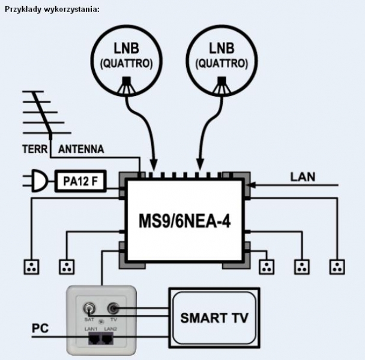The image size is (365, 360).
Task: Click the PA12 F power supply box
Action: click(x=80, y=181)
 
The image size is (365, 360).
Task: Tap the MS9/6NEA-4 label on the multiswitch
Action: click(x=184, y=221)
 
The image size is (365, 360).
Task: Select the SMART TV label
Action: click(x=214, y=318)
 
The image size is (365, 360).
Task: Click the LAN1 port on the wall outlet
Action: click(x=94, y=338)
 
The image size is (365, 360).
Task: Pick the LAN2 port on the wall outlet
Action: click(x=107, y=338)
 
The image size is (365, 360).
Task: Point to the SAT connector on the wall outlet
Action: click(x=89, y=309)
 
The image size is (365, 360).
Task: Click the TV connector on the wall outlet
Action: click(x=113, y=308)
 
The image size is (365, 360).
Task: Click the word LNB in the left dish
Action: click(x=126, y=49)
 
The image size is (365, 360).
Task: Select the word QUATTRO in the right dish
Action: click(x=222, y=64)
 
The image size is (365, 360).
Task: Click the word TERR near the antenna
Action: click(x=35, y=149)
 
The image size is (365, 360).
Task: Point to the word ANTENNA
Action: click(x=81, y=149)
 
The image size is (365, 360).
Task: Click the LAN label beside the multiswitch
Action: click(x=303, y=177)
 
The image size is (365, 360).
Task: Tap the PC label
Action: click(x=40, y=328)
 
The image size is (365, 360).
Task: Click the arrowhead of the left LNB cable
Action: click(x=154, y=165)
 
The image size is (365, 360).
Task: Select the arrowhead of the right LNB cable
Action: click(x=200, y=165)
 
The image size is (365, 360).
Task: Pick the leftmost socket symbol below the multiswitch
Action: click(x=31, y=267)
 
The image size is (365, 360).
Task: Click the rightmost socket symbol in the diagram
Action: click(x=337, y=267)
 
